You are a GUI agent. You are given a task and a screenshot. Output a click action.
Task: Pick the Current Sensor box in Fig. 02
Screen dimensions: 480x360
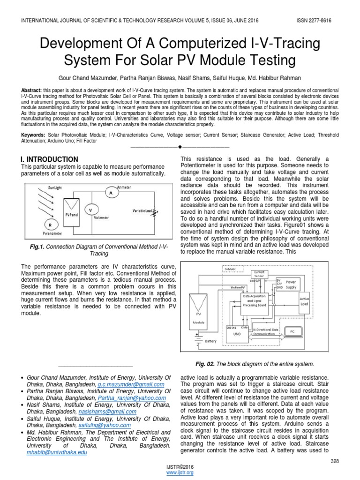259,275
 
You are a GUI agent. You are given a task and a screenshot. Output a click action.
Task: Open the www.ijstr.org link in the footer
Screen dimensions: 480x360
180,472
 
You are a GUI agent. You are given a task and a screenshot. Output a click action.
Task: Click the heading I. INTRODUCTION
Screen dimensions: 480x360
50,159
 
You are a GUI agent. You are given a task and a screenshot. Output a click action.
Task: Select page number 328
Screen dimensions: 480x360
334,461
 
